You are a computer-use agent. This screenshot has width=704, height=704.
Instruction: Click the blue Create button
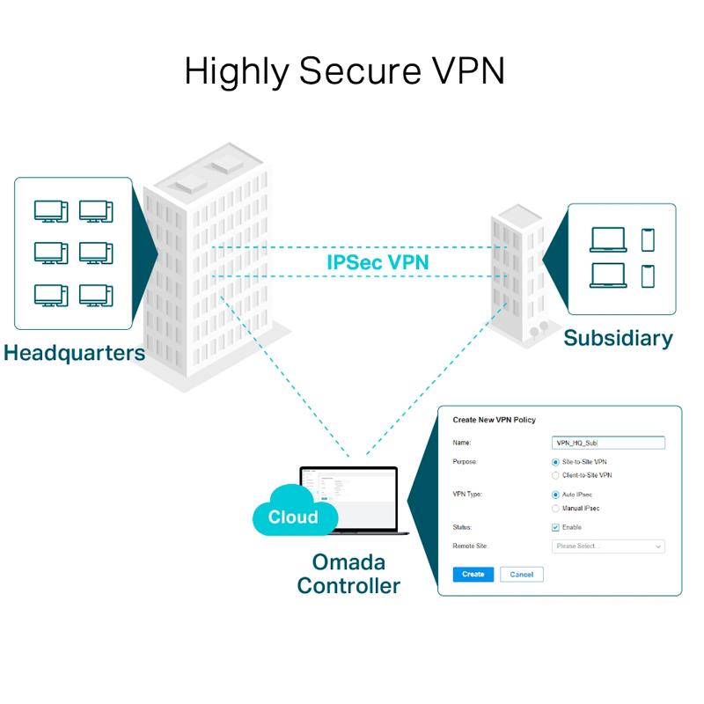473,574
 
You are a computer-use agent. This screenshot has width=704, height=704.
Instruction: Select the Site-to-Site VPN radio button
555,461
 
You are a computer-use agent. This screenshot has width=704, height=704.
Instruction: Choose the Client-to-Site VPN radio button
555,475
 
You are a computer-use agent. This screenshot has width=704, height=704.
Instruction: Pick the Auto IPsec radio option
555,495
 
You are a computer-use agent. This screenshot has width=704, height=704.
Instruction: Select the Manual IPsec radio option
555,509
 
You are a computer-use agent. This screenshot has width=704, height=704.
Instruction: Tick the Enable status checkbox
555,527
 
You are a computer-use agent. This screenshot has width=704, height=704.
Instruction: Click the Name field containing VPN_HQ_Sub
608,443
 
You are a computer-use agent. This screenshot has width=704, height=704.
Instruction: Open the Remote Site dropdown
608,546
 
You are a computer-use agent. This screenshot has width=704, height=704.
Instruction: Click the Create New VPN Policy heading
494,420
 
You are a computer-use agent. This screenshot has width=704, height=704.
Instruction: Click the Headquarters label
74,354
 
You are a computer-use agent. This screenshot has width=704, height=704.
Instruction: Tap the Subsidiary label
618,337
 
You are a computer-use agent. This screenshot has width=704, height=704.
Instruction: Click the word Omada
348,562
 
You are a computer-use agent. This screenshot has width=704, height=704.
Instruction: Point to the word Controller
348,586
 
